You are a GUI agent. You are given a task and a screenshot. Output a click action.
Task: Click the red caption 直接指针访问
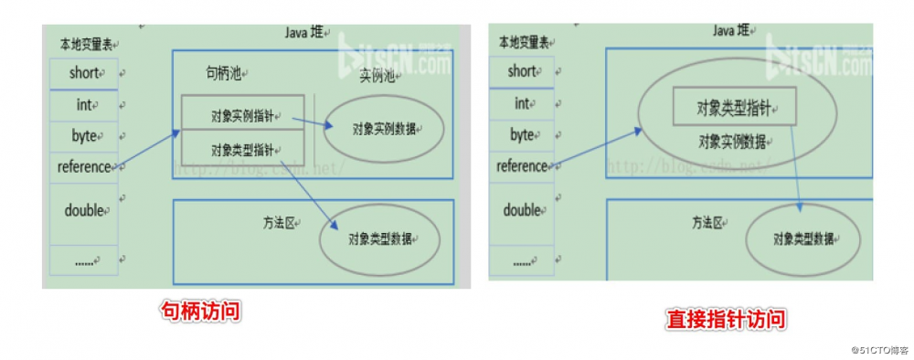coord(726,320)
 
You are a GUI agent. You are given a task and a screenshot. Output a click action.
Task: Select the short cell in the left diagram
coord(83,72)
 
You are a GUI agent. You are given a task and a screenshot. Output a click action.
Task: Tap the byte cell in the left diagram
coord(83,136)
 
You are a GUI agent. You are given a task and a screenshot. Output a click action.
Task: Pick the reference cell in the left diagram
coord(83,167)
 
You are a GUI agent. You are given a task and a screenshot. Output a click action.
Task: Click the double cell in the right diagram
coord(522,209)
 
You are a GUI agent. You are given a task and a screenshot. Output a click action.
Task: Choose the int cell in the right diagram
coord(522,103)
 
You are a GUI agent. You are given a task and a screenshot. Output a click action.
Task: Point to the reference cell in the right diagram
coord(522,166)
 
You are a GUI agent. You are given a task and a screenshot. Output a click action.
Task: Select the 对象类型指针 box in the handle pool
coord(241,148)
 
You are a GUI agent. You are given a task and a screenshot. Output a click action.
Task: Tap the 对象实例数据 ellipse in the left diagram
coord(383,129)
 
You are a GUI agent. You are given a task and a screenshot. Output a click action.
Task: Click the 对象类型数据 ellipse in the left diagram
coord(380,238)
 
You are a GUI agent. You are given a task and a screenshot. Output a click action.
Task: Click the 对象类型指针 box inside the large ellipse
coord(734,108)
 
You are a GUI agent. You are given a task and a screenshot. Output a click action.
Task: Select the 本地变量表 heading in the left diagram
coord(86,44)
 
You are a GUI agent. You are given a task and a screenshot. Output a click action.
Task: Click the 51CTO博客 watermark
coord(878,350)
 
